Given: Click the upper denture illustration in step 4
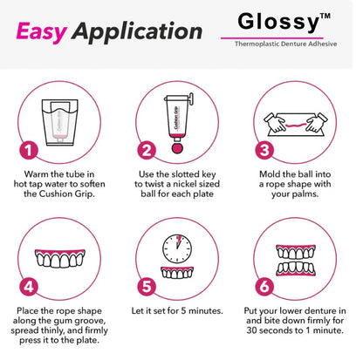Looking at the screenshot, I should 64,256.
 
